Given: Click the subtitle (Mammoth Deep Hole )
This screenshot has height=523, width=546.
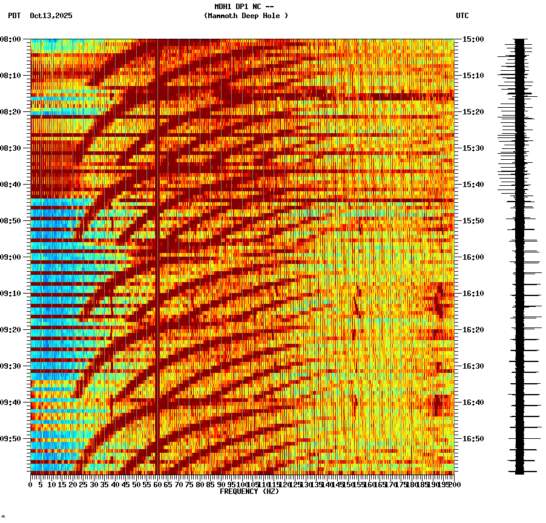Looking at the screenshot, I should click(246, 16).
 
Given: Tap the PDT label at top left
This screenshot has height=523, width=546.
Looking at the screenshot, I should click(14, 16).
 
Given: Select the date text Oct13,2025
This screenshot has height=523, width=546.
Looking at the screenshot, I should click(51, 16).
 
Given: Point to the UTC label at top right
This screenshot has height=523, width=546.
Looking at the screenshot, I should click(462, 16).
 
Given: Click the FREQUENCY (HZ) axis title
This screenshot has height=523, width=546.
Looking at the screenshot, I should click(249, 492).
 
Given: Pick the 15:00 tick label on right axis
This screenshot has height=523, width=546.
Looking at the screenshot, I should click(473, 39).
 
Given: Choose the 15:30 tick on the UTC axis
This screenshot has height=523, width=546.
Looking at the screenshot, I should click(473, 148).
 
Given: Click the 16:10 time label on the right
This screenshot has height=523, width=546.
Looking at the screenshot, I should click(473, 294).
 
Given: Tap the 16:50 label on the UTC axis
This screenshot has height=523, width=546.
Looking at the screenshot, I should click(473, 439).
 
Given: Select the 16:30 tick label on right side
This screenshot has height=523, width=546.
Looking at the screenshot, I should click(473, 366).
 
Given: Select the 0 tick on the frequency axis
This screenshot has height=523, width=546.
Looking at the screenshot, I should click(31, 484).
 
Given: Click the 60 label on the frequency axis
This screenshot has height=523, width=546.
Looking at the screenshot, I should click(158, 484).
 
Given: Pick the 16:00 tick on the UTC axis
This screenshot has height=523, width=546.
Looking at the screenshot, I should click(473, 257).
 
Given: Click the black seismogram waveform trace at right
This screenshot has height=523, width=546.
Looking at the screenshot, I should click(519, 254).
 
